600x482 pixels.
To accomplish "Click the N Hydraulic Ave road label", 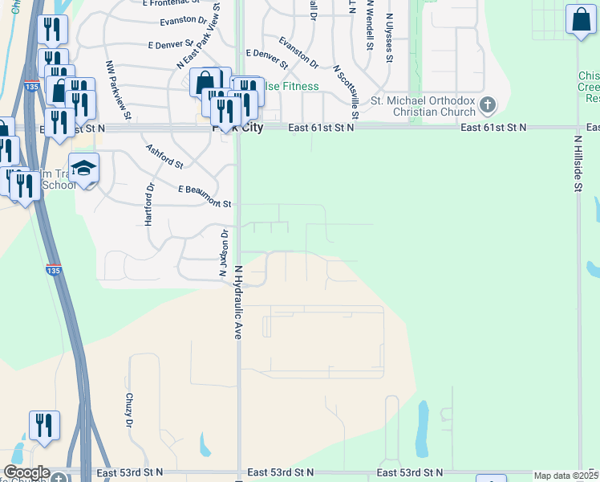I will tap(238, 303).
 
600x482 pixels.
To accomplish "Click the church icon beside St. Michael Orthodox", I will tap(487, 104).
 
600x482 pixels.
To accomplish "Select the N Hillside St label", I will tap(578, 163).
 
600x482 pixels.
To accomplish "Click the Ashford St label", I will tap(164, 156).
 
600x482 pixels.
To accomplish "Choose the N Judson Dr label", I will tap(224, 253).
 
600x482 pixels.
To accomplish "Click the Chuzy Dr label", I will tap(128, 411).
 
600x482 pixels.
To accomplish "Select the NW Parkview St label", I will tap(111, 88).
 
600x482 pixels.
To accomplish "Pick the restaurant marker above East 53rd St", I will tap(44, 426).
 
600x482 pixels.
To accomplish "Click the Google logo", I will tap(26, 472).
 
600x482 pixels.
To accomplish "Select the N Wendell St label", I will tap(369, 26).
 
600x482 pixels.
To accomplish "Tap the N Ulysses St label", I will tap(389, 37).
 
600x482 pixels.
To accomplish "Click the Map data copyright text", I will tap(566, 476).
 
